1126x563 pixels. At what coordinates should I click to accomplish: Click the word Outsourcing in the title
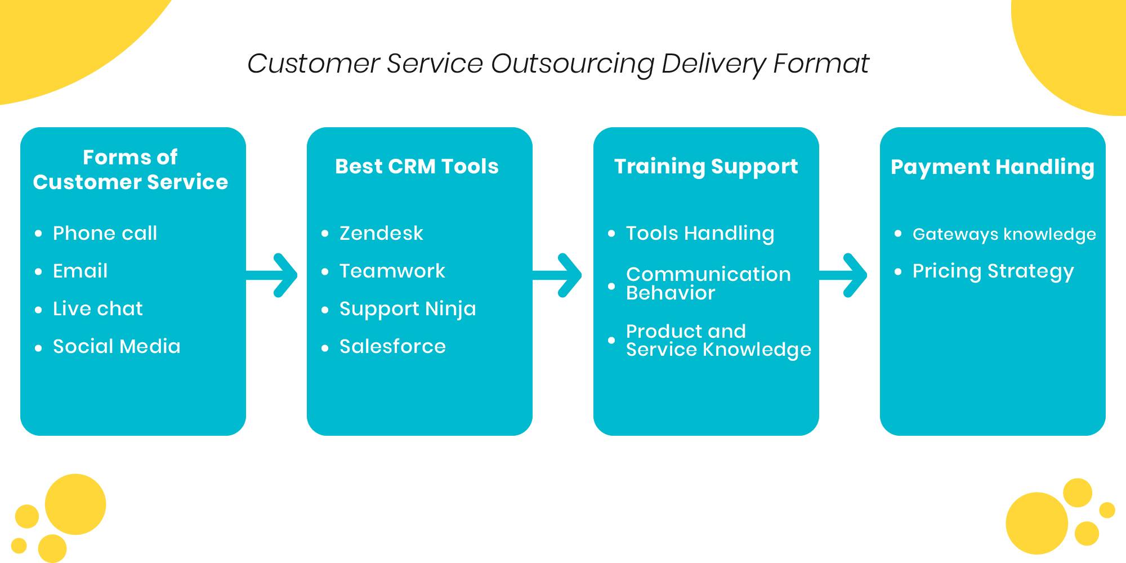click(x=572, y=64)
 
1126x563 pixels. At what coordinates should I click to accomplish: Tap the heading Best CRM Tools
click(x=417, y=167)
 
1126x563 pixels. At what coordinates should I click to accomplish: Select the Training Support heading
click(x=706, y=167)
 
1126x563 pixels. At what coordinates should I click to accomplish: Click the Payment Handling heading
click(x=993, y=167)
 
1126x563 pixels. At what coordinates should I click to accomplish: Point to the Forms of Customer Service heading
click(x=131, y=169)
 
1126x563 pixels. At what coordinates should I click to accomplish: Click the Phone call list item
click(x=105, y=233)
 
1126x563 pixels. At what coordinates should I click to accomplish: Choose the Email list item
click(x=80, y=271)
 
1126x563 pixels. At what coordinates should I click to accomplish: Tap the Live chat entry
click(x=98, y=309)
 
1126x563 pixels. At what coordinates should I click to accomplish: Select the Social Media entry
click(x=117, y=346)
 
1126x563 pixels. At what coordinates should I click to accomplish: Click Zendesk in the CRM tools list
click(x=381, y=233)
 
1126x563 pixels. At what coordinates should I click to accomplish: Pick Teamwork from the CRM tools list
click(x=392, y=271)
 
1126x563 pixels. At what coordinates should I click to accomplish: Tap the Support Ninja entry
click(x=408, y=309)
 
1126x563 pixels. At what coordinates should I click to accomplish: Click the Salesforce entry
click(x=392, y=346)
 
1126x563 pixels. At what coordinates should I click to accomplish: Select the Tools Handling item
click(x=700, y=234)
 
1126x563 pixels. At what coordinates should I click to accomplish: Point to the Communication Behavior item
click(x=708, y=283)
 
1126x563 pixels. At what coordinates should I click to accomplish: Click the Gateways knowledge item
click(x=1004, y=234)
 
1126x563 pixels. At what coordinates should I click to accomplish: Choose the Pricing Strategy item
click(x=993, y=271)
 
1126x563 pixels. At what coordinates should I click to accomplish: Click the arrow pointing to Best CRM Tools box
click(x=272, y=275)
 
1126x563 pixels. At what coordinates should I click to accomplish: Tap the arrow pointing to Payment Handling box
click(x=843, y=275)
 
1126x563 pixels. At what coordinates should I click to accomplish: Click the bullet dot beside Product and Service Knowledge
click(x=611, y=340)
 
